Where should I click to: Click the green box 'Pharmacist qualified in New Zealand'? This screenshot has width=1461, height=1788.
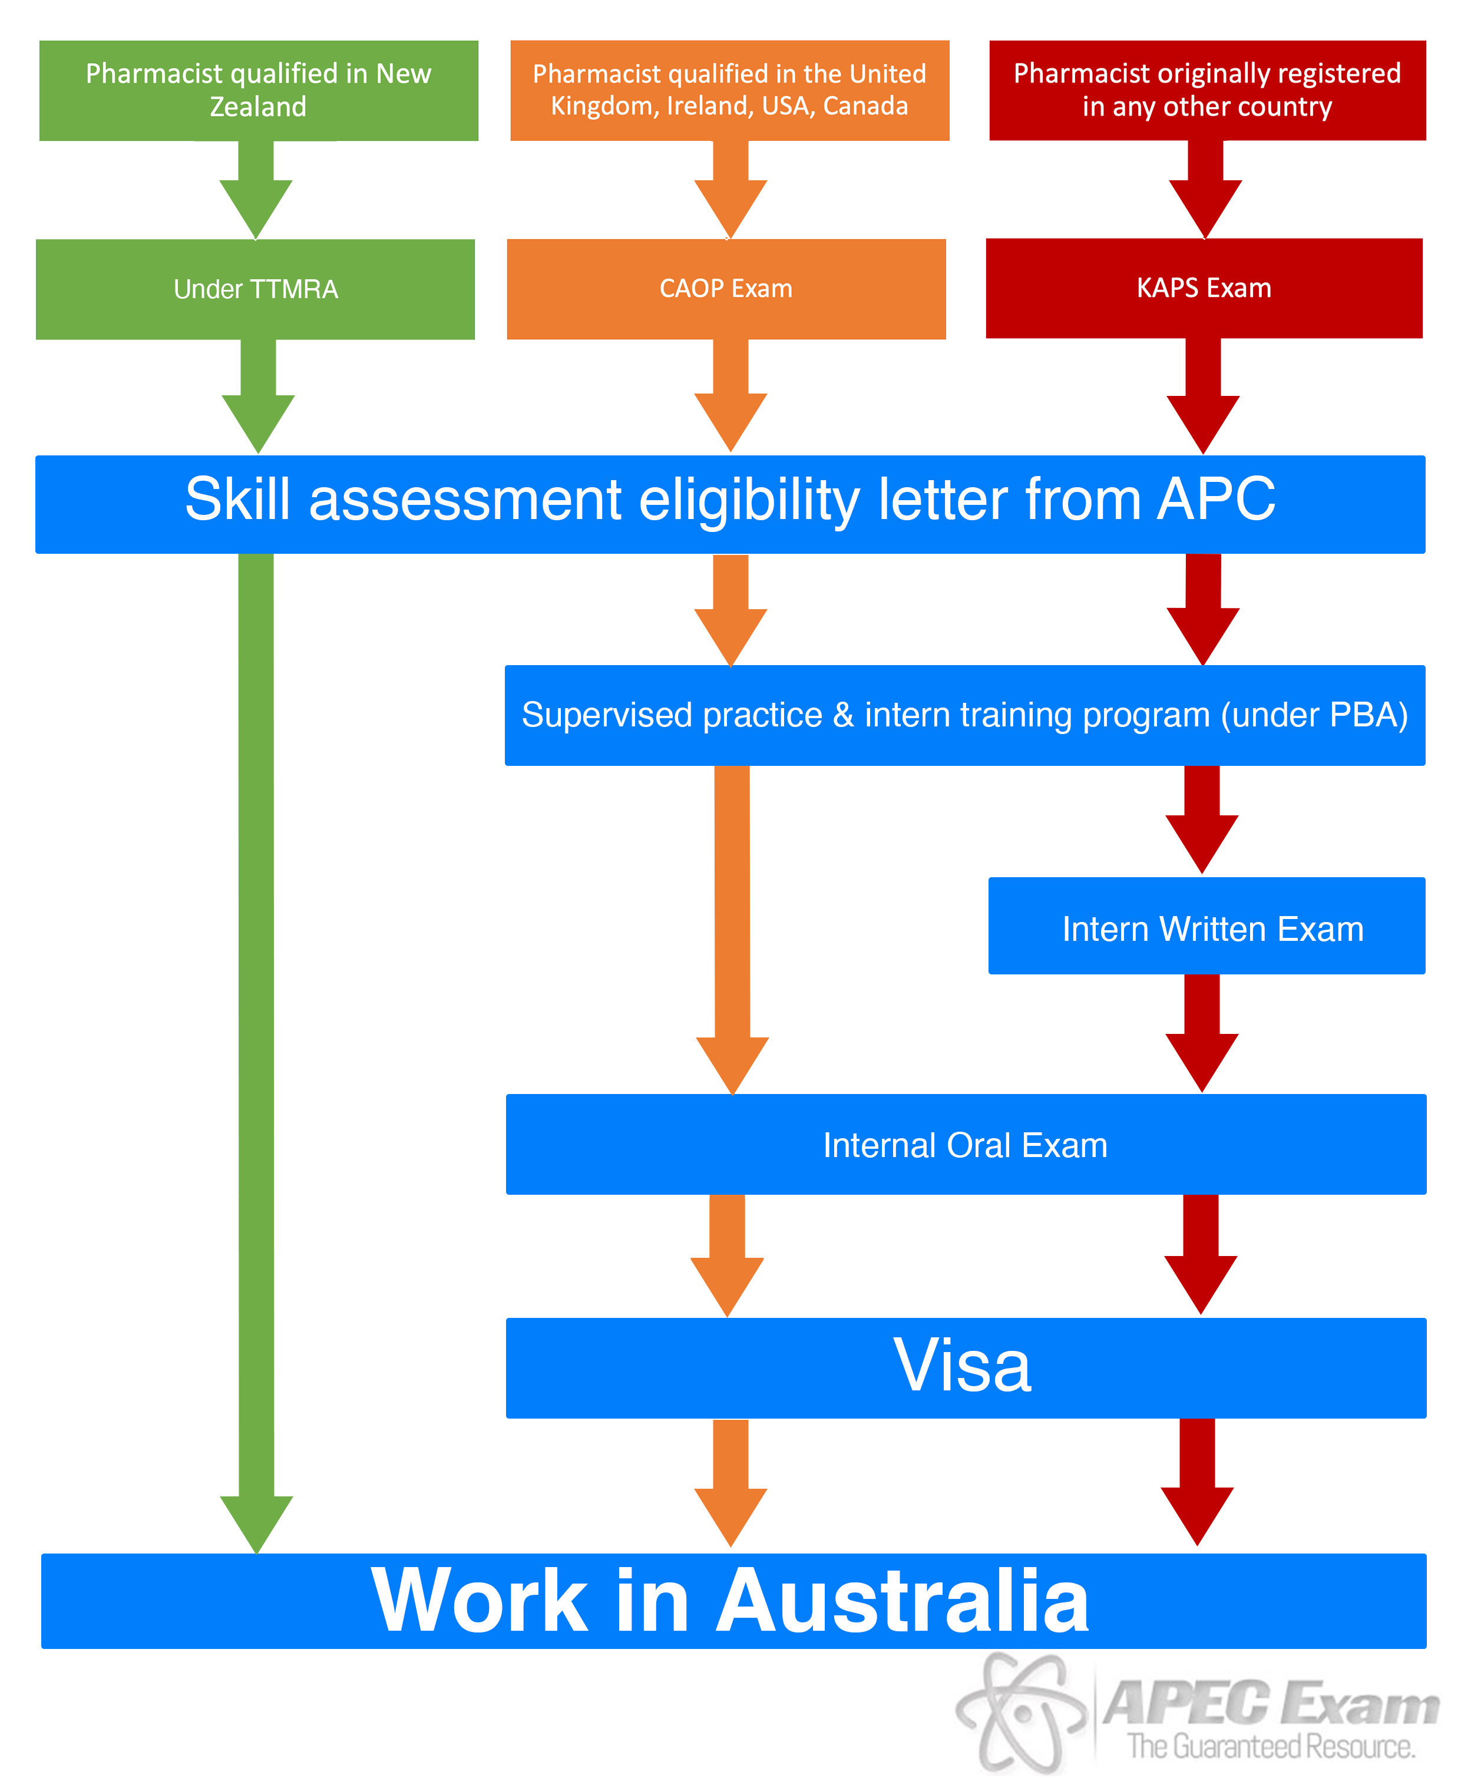pos(259,90)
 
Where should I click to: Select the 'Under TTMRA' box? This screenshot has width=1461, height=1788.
pos(255,289)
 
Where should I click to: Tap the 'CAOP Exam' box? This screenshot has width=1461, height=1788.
pos(726,289)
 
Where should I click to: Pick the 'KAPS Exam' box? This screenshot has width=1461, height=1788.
pos(1204,287)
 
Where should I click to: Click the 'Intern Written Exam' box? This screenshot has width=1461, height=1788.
pos(1207,926)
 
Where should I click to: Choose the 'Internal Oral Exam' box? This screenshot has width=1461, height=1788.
pos(966,1144)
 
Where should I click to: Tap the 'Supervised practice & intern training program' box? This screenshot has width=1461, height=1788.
pos(966,715)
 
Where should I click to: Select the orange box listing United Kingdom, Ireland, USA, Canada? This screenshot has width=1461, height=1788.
pos(730,90)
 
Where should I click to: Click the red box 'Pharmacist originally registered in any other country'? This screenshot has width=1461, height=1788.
pos(1208,90)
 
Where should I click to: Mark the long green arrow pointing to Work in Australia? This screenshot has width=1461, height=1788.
pos(256,1052)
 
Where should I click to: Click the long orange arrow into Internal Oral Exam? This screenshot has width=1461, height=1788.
pos(732,930)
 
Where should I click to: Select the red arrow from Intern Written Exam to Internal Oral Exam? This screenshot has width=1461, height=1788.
pos(1202,1033)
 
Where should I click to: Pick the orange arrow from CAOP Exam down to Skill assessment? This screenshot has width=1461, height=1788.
pos(730,395)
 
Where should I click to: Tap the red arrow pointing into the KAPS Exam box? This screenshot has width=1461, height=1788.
pos(1205,189)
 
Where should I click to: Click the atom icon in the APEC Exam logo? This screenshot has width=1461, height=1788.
pos(1021,1713)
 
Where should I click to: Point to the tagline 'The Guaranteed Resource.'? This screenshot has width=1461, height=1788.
pos(1271,1747)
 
